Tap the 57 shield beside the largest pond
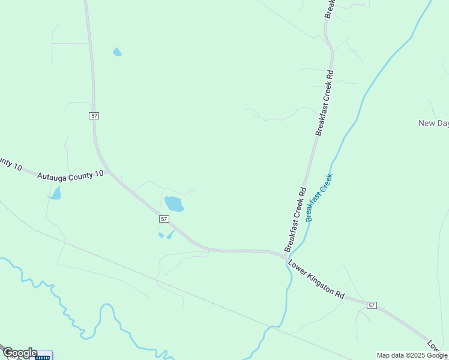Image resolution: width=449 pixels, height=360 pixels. [164, 219]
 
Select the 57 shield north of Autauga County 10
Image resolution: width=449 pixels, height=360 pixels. [94, 115]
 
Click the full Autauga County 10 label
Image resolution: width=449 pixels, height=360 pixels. [70, 175]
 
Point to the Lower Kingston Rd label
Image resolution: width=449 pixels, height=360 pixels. [316, 279]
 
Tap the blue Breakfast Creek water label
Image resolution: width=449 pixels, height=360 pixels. [319, 197]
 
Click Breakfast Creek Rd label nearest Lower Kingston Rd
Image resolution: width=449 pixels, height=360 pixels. [295, 219]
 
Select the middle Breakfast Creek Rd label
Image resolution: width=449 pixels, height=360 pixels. [324, 103]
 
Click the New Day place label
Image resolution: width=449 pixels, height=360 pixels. [433, 123]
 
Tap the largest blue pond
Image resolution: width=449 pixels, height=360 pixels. [174, 203]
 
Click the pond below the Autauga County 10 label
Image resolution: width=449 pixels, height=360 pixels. [56, 193]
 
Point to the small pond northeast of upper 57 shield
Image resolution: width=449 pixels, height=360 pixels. [117, 52]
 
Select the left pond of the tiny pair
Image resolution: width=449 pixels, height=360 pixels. [161, 235]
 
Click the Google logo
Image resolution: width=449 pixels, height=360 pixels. [20, 353]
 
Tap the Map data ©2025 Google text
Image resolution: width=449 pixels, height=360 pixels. [412, 355]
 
